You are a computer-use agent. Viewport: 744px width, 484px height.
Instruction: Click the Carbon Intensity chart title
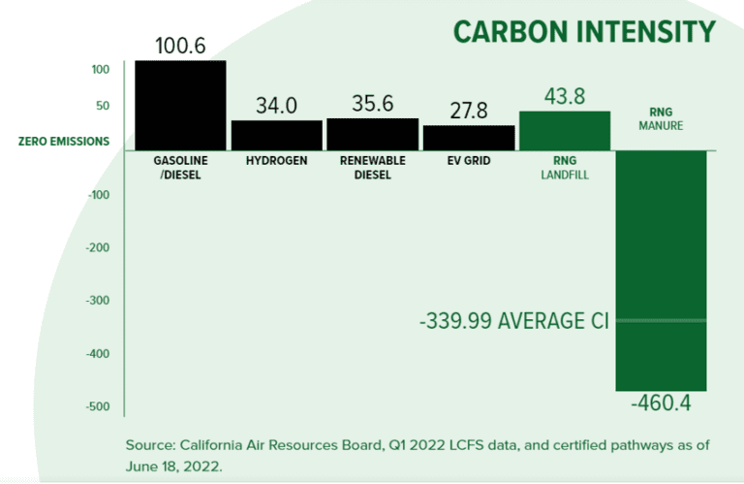(584, 31)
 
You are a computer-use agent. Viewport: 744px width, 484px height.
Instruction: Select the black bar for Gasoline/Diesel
(180, 105)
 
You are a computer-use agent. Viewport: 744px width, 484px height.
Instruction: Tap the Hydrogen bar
(276, 135)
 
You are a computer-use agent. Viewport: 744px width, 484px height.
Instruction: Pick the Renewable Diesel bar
(371, 134)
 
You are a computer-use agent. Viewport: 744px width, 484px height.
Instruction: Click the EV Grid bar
(468, 137)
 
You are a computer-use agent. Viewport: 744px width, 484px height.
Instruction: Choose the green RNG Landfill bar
(565, 130)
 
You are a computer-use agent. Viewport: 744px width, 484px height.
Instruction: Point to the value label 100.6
(180, 45)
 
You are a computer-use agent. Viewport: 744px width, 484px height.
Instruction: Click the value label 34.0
(276, 105)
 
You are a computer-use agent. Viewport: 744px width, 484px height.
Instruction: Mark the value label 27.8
(468, 110)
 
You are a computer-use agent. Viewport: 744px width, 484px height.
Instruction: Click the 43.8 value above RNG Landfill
(565, 96)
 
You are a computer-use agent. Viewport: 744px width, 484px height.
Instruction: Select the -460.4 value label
(661, 403)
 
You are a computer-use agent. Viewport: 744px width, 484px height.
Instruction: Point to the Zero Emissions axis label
(64, 142)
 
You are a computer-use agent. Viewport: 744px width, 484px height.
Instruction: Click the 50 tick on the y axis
(101, 106)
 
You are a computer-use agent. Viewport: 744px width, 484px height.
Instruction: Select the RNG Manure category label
(662, 118)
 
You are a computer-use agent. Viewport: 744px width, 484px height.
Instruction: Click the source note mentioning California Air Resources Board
(418, 454)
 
